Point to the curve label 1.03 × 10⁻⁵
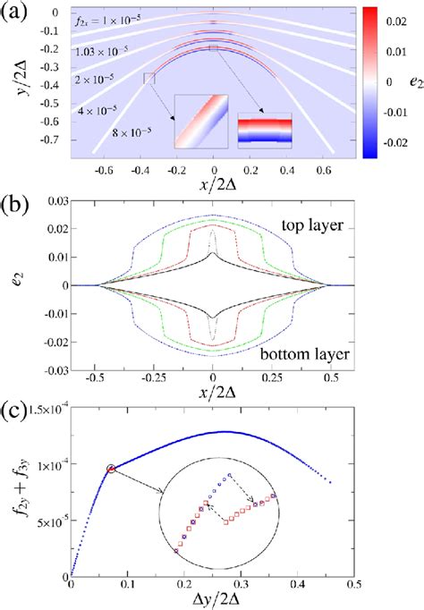[x=104, y=54]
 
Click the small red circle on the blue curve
[x=111, y=468]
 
